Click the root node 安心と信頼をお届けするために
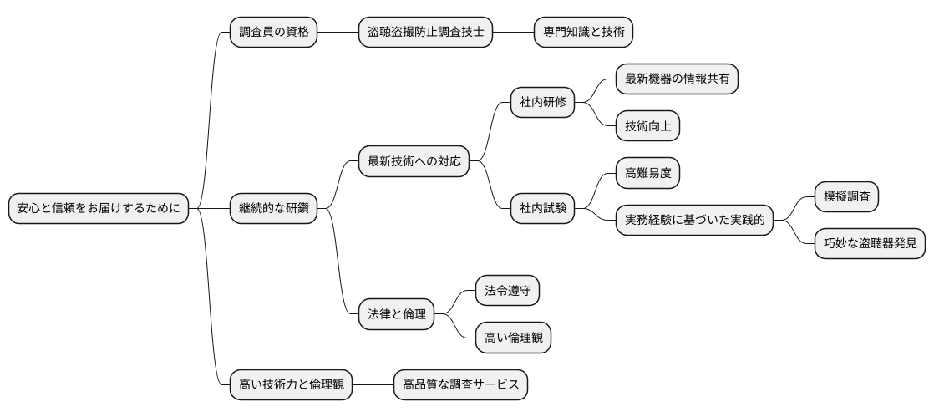[x=98, y=208]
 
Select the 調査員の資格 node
[x=273, y=33]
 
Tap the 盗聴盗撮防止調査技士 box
[x=425, y=33]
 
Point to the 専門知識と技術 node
[x=583, y=33]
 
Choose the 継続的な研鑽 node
[x=273, y=208]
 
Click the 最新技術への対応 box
[x=414, y=161]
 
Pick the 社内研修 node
[x=543, y=103]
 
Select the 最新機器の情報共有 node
[x=677, y=79]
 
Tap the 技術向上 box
[x=647, y=126]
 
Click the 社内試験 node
[x=543, y=208]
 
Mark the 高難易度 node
[x=647, y=173]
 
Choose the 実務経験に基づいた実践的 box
[x=693, y=220]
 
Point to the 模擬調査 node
[x=846, y=196]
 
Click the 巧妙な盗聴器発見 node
[x=870, y=243]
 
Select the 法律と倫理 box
[x=396, y=314]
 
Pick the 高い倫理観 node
[x=513, y=338]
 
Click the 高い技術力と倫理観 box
[x=291, y=384]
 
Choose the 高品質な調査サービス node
[x=460, y=384]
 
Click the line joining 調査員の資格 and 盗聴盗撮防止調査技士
[x=338, y=33]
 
